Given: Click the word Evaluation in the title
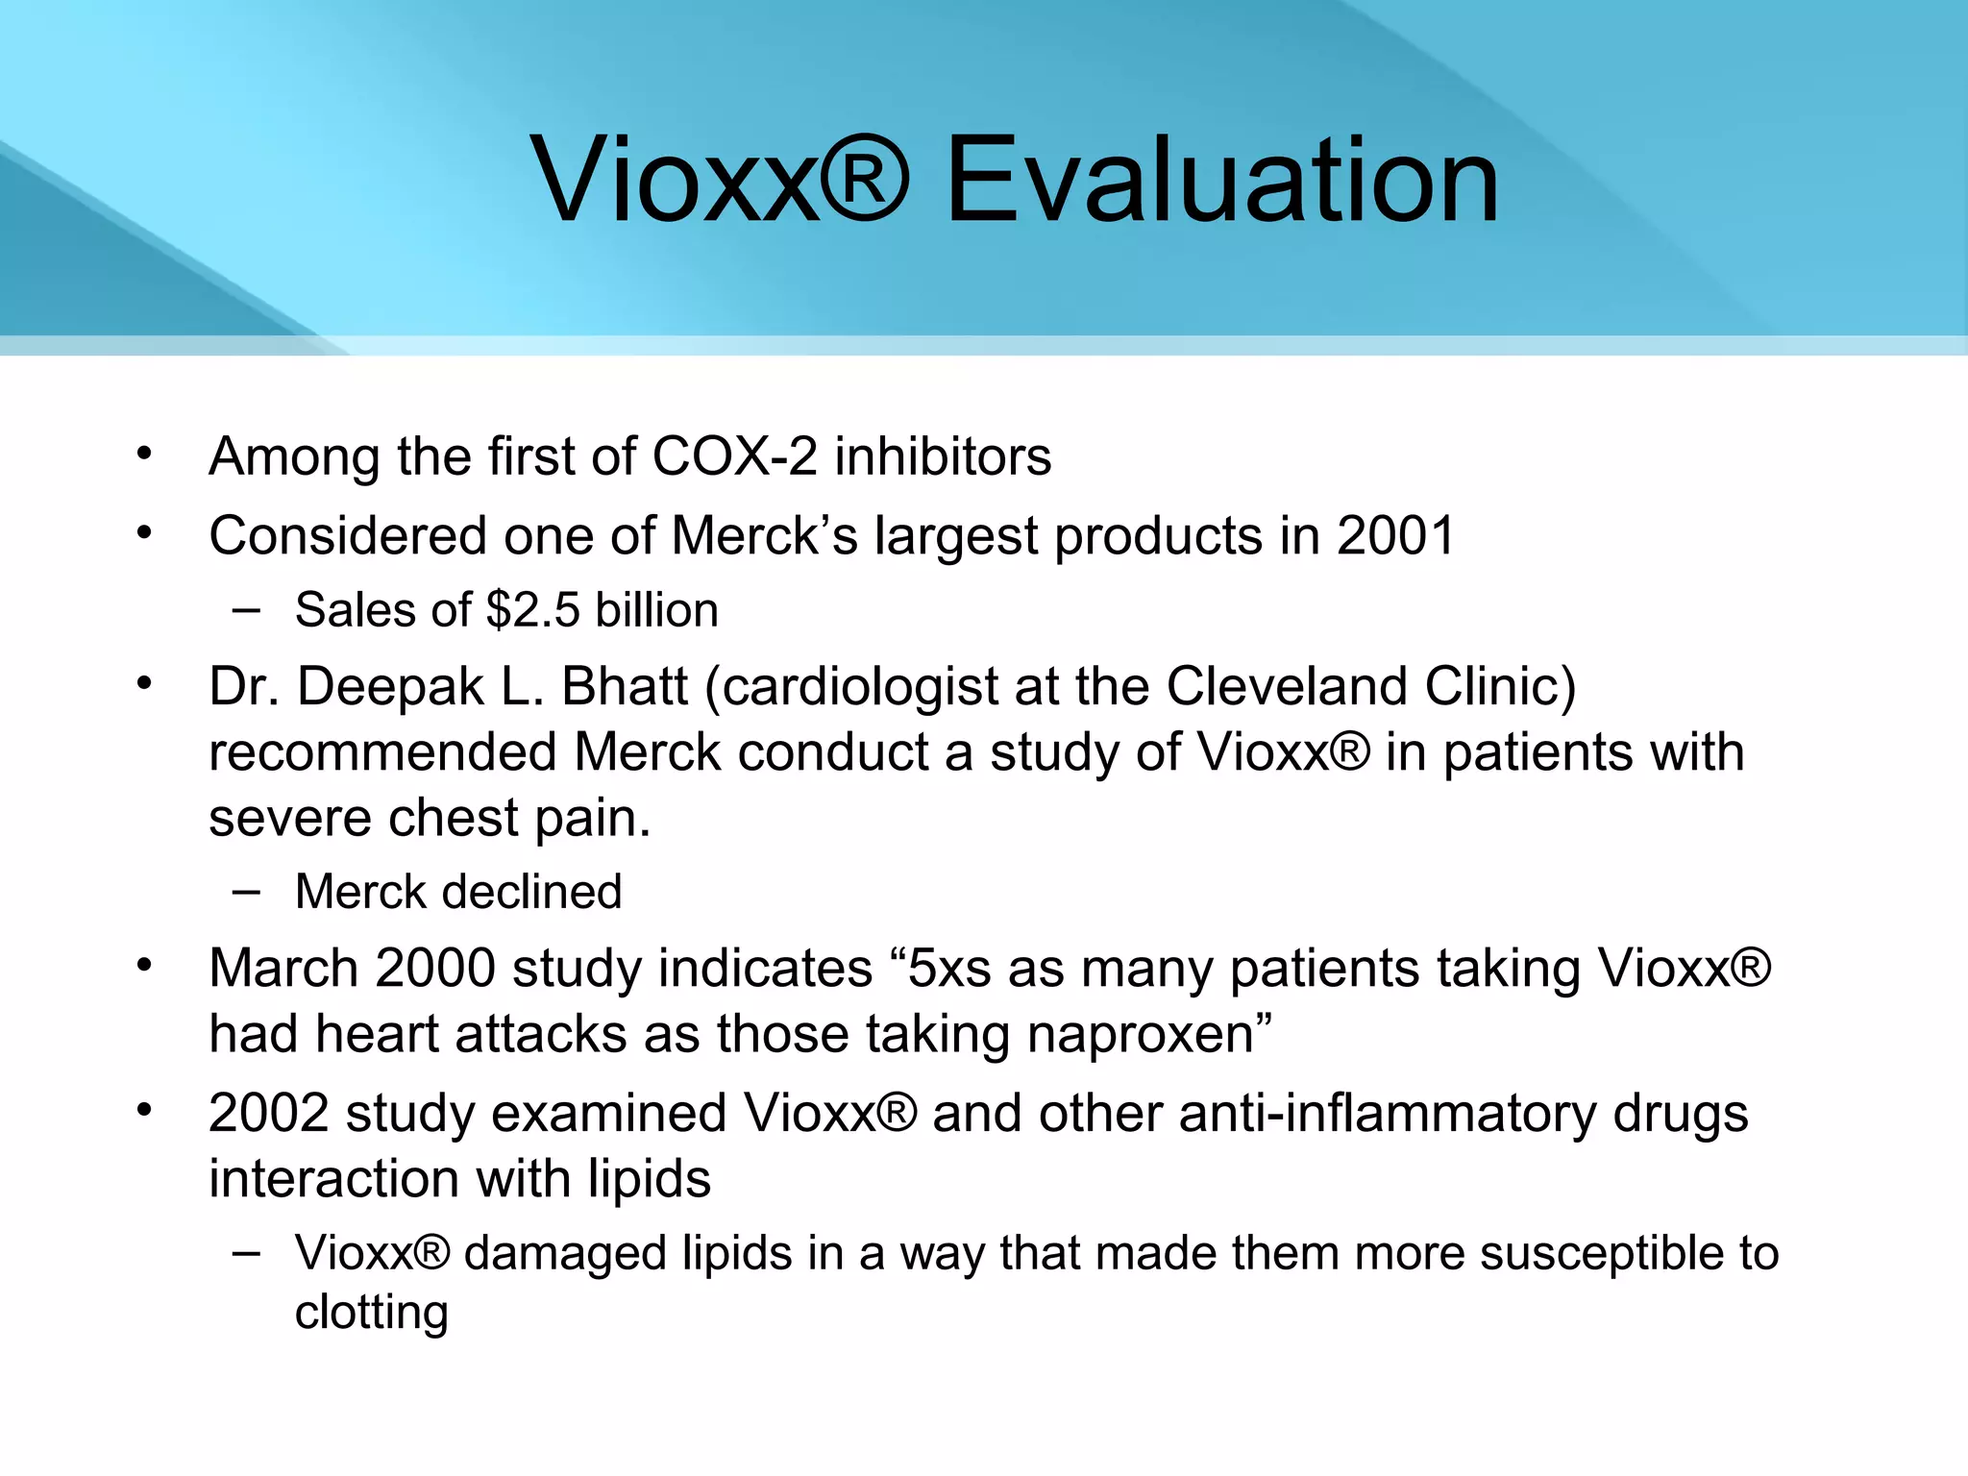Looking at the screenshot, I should (1221, 181).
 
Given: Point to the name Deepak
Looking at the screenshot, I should (391, 686).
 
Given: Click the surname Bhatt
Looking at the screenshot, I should (625, 686).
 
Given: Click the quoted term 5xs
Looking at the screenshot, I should (948, 968).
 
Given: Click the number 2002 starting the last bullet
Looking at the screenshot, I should (268, 1114).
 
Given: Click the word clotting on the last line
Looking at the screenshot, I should (372, 1313).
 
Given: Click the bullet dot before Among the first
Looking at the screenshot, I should (144, 453).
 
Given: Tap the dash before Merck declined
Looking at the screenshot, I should (245, 891).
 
